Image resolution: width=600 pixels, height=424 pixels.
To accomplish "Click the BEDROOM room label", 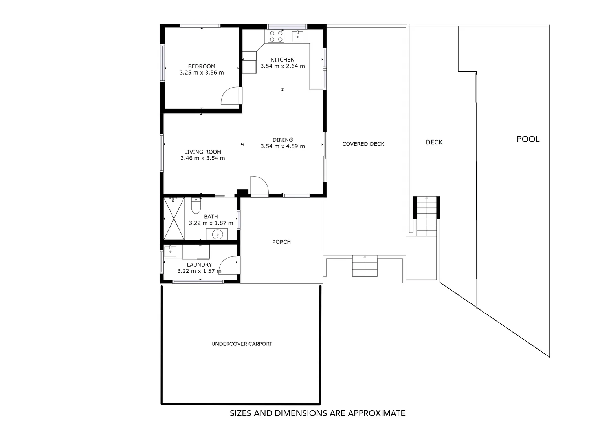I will tap(201, 66).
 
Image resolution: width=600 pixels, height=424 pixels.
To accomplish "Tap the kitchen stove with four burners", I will tap(276, 37).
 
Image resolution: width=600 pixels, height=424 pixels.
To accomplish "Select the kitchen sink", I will tap(297, 37).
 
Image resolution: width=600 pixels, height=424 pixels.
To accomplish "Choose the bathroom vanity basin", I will tap(217, 235).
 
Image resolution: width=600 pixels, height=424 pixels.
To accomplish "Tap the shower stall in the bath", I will tap(174, 219).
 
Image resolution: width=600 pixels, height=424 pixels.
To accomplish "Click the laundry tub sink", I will tap(170, 251).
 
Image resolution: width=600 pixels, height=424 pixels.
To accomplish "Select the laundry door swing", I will tap(229, 265).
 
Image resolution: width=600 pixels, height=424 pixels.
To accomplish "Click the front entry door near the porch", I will tap(259, 186).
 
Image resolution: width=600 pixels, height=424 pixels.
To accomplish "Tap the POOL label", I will tap(528, 139).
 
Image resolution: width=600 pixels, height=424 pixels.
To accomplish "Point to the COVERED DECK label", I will tap(363, 144).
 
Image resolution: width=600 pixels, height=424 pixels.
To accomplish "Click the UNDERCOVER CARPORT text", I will tap(242, 344).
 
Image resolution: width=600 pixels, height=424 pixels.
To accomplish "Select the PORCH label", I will tap(281, 242).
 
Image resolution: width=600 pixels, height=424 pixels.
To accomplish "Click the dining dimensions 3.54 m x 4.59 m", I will tap(283, 146).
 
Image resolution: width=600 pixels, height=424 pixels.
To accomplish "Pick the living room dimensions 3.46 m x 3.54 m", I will tap(203, 159).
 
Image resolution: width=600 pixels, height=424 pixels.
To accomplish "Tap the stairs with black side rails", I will tap(426, 216).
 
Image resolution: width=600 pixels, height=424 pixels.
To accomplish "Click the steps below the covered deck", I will tap(365, 266).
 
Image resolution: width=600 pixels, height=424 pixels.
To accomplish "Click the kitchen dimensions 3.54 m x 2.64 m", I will tap(283, 66).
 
